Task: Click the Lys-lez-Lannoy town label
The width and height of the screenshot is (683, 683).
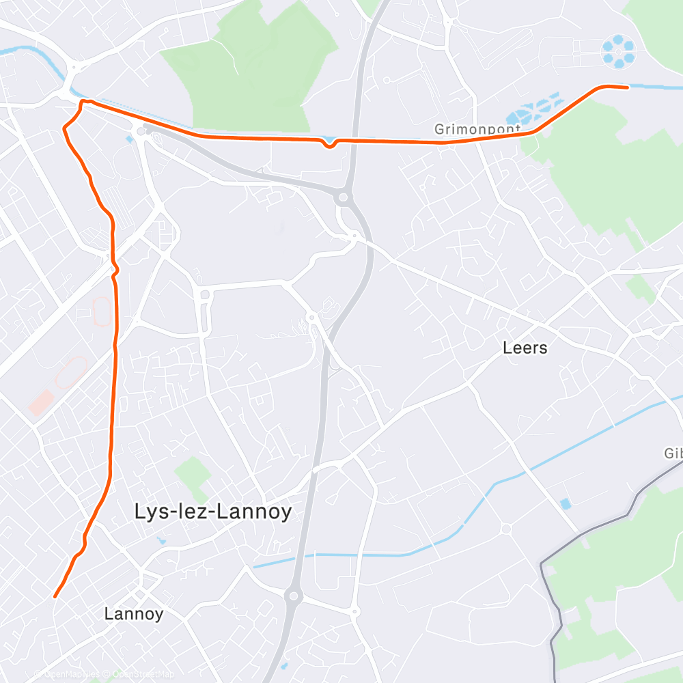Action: (x=213, y=512)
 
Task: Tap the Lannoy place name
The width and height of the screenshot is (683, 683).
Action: (x=134, y=613)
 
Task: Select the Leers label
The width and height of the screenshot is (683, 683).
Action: (x=525, y=348)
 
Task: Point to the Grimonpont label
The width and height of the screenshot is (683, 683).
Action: (x=477, y=128)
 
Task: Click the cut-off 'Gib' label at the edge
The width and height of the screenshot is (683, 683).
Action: (x=673, y=454)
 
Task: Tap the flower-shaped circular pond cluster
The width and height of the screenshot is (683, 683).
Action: (x=618, y=51)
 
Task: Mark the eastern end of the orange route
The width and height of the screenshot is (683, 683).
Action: (x=626, y=87)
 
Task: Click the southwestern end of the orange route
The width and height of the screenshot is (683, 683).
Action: (x=55, y=596)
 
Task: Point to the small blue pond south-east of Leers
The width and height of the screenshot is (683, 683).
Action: (x=565, y=504)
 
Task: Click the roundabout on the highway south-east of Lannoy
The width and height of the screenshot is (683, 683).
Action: (x=294, y=596)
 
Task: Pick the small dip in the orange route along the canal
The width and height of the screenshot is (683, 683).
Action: (x=329, y=145)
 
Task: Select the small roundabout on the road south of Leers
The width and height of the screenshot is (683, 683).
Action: (x=505, y=528)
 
